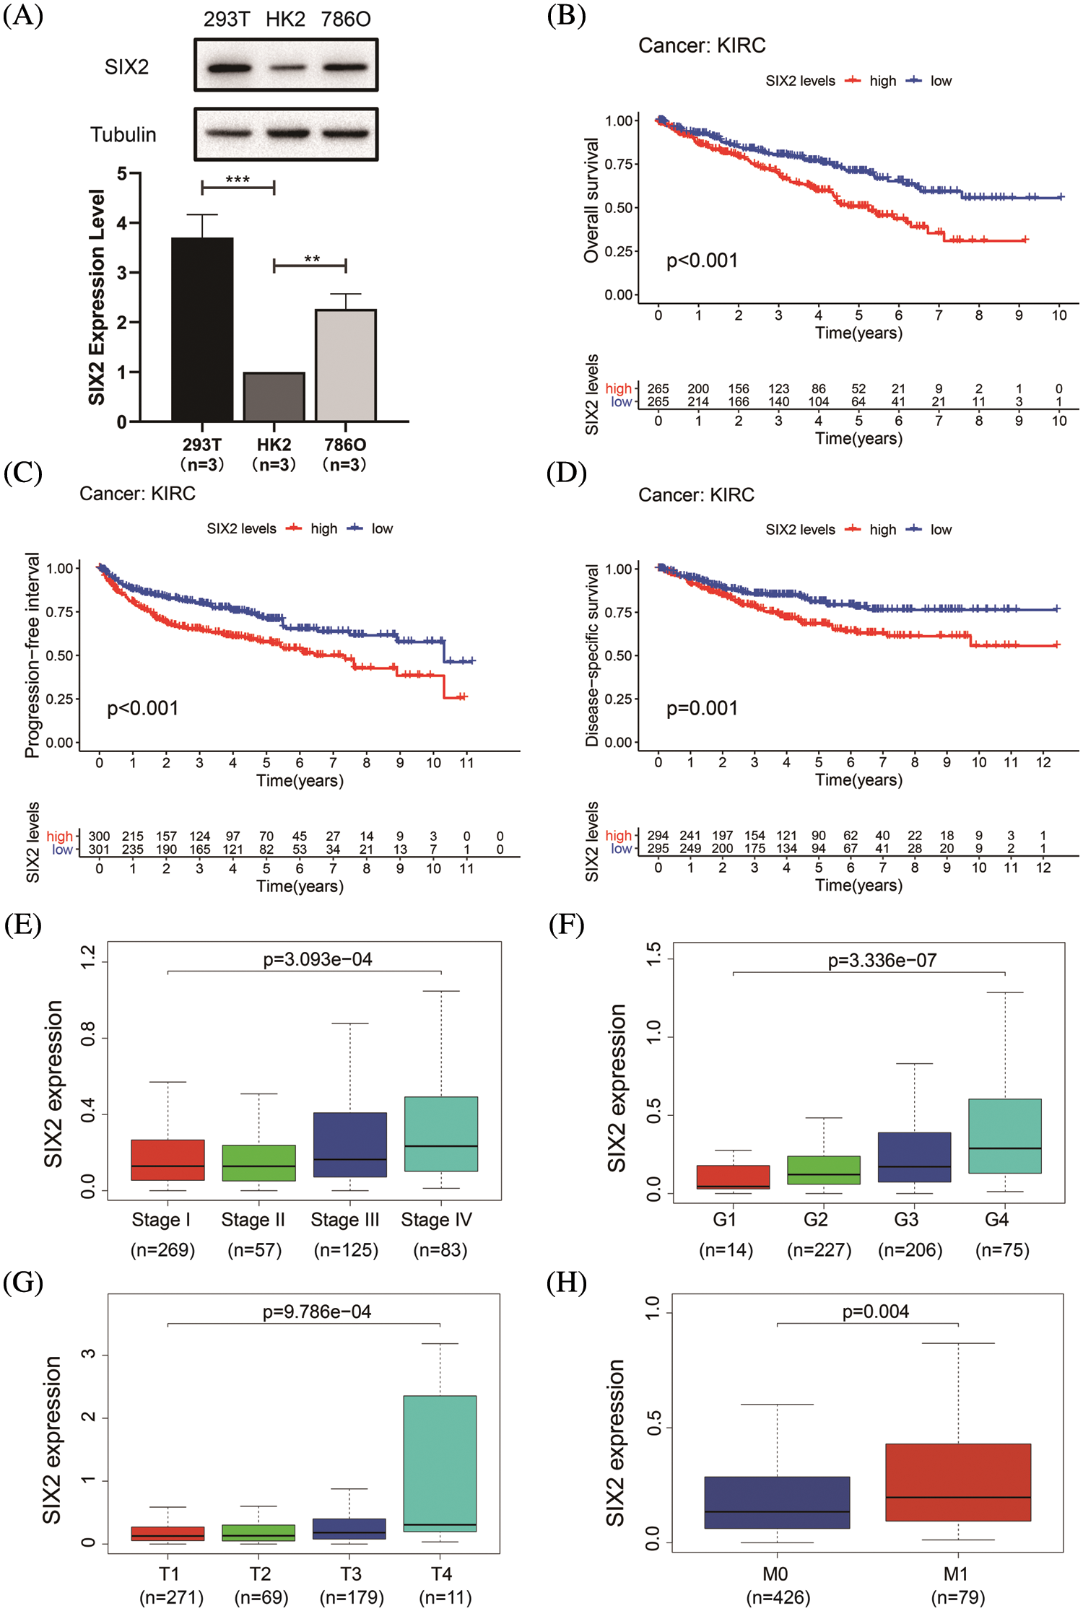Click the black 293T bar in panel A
pos(202,329)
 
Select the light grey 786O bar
pos(346,365)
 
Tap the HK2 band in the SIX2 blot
pos(287,68)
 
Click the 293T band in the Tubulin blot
pos(228,134)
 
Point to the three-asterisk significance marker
pos(238,179)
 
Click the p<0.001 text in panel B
pos(702,261)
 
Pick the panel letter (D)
pos(566,473)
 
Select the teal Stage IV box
pos(441,1133)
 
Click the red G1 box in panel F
pos(733,1176)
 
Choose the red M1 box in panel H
pos(958,1483)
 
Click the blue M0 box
pos(777,1502)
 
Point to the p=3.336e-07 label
pos(882,961)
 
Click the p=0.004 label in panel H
pos(875,1311)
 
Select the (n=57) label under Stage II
pos(254,1250)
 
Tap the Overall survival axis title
pos(591,200)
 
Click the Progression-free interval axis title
pos(32,655)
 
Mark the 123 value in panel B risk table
pos(778,389)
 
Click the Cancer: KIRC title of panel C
pos(137,494)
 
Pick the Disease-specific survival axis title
pos(592,655)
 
